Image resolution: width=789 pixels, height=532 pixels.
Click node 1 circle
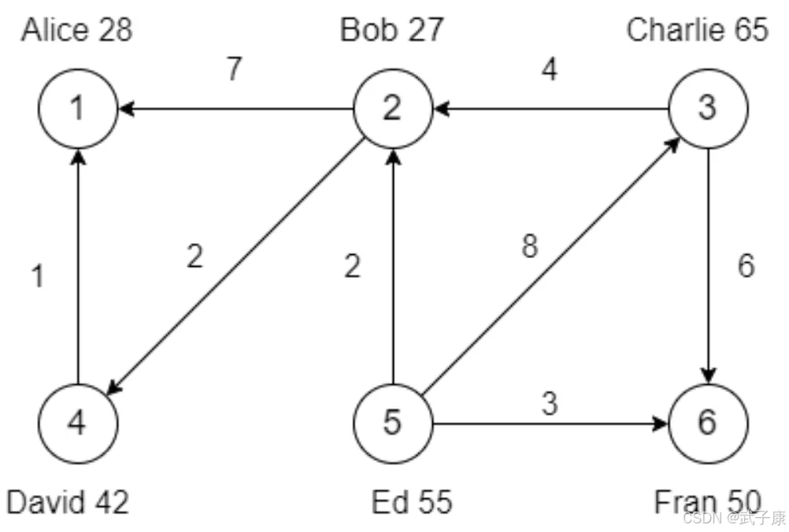[x=77, y=109]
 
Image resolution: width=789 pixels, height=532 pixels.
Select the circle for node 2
[x=392, y=109]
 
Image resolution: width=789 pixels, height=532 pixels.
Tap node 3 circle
[x=707, y=109]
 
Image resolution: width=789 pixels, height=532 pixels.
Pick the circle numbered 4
[x=77, y=423]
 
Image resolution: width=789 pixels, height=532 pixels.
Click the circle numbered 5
[x=392, y=423]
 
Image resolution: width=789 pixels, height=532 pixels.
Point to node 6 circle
[x=707, y=423]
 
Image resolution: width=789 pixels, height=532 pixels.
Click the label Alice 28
[x=77, y=30]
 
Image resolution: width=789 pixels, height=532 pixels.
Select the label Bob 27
[x=391, y=30]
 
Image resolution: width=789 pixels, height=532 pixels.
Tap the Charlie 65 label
[x=697, y=30]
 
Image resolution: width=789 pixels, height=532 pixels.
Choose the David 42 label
[x=68, y=501]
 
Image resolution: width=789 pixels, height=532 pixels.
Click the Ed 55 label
[x=412, y=501]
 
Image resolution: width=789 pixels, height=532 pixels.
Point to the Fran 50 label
[x=707, y=501]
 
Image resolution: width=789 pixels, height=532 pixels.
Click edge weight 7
[x=234, y=69]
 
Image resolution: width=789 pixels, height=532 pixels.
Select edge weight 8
[x=530, y=246]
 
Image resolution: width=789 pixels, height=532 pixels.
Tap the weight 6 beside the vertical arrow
[x=746, y=266]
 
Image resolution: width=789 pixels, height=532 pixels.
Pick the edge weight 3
[x=550, y=404]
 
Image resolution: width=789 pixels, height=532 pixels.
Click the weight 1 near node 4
[x=36, y=276]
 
